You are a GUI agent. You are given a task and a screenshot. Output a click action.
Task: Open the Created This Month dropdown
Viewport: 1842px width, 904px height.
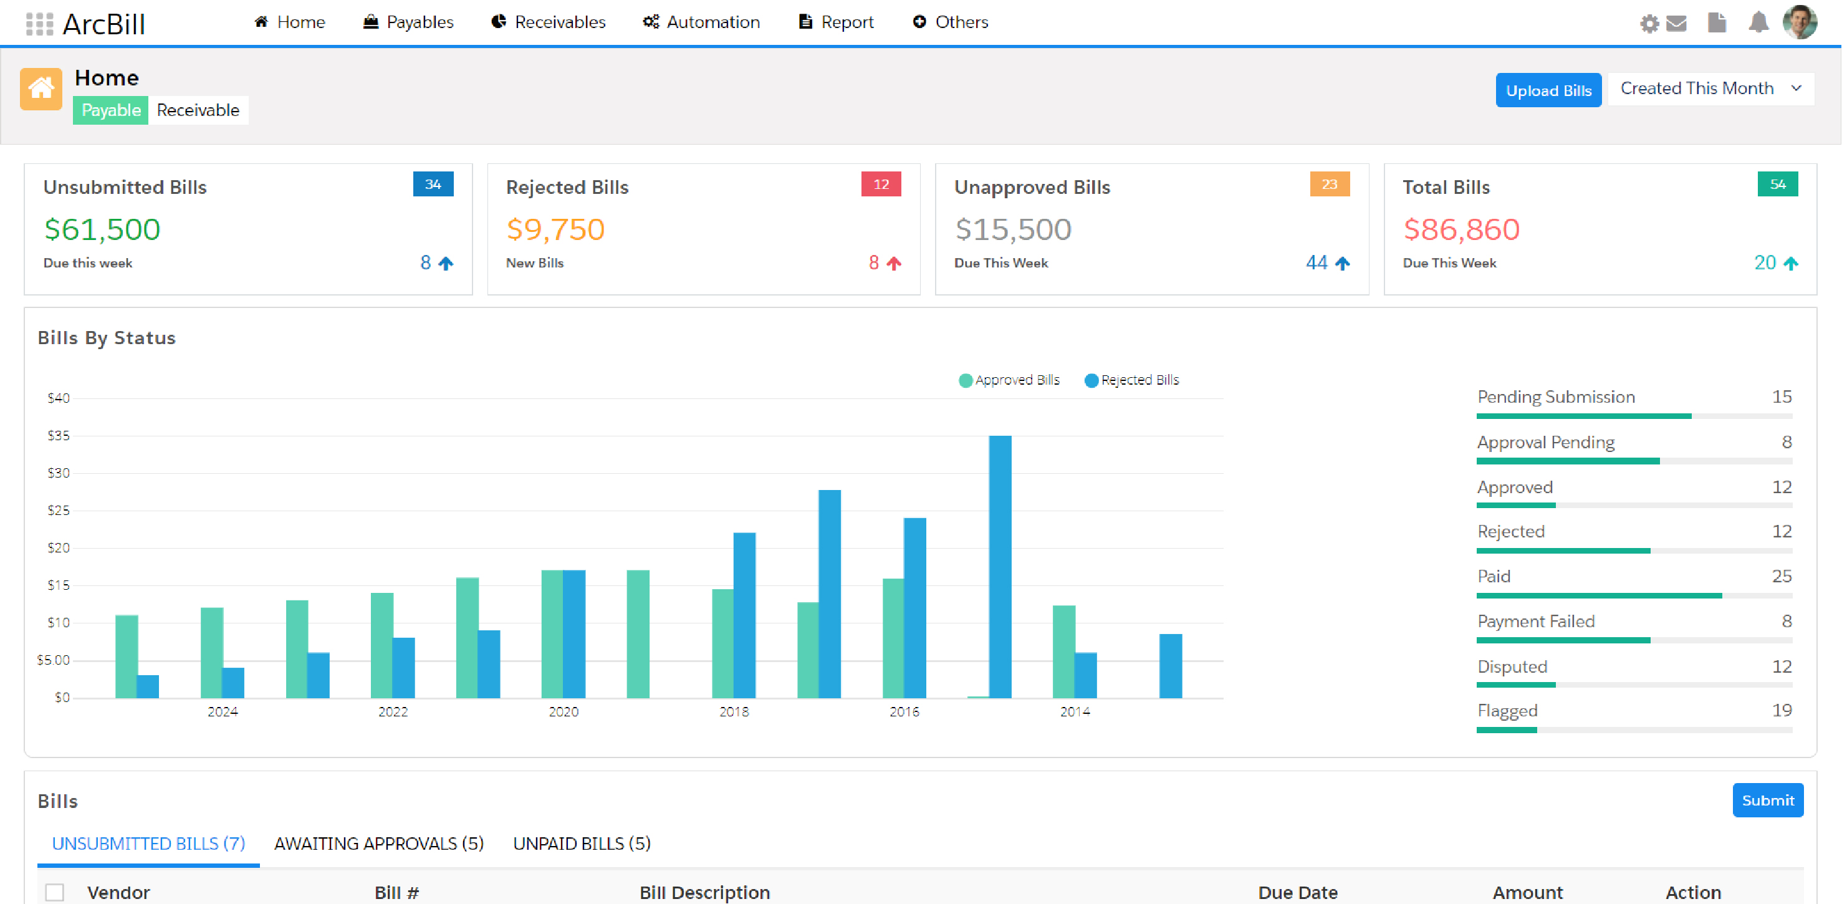point(1710,89)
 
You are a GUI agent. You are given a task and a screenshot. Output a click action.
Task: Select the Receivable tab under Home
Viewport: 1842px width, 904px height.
point(198,110)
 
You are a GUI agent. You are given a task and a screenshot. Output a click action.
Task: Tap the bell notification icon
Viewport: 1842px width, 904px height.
point(1758,23)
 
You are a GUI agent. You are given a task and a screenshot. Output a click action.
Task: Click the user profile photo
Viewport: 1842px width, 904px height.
point(1799,22)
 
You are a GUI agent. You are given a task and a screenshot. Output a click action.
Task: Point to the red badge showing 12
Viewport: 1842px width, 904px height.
point(880,185)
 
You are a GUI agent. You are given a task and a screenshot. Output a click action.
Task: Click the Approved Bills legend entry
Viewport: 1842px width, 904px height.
point(1009,380)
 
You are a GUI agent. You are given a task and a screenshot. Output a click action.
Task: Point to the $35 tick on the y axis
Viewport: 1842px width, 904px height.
point(59,436)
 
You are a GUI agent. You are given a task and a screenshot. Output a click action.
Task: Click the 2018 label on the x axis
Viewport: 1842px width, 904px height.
point(734,711)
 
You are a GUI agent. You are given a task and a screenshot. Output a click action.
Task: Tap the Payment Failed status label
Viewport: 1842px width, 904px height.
point(1535,622)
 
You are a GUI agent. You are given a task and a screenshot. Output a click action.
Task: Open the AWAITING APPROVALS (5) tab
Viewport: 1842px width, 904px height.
point(378,843)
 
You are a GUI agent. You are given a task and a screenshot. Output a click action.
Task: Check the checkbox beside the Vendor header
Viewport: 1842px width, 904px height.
point(55,892)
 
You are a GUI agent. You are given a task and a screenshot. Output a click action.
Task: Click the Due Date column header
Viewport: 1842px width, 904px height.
point(1297,892)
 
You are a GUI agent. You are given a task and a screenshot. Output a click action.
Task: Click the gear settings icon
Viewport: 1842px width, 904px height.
point(1648,24)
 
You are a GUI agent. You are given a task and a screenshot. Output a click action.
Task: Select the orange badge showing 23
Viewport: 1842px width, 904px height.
point(1328,185)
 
